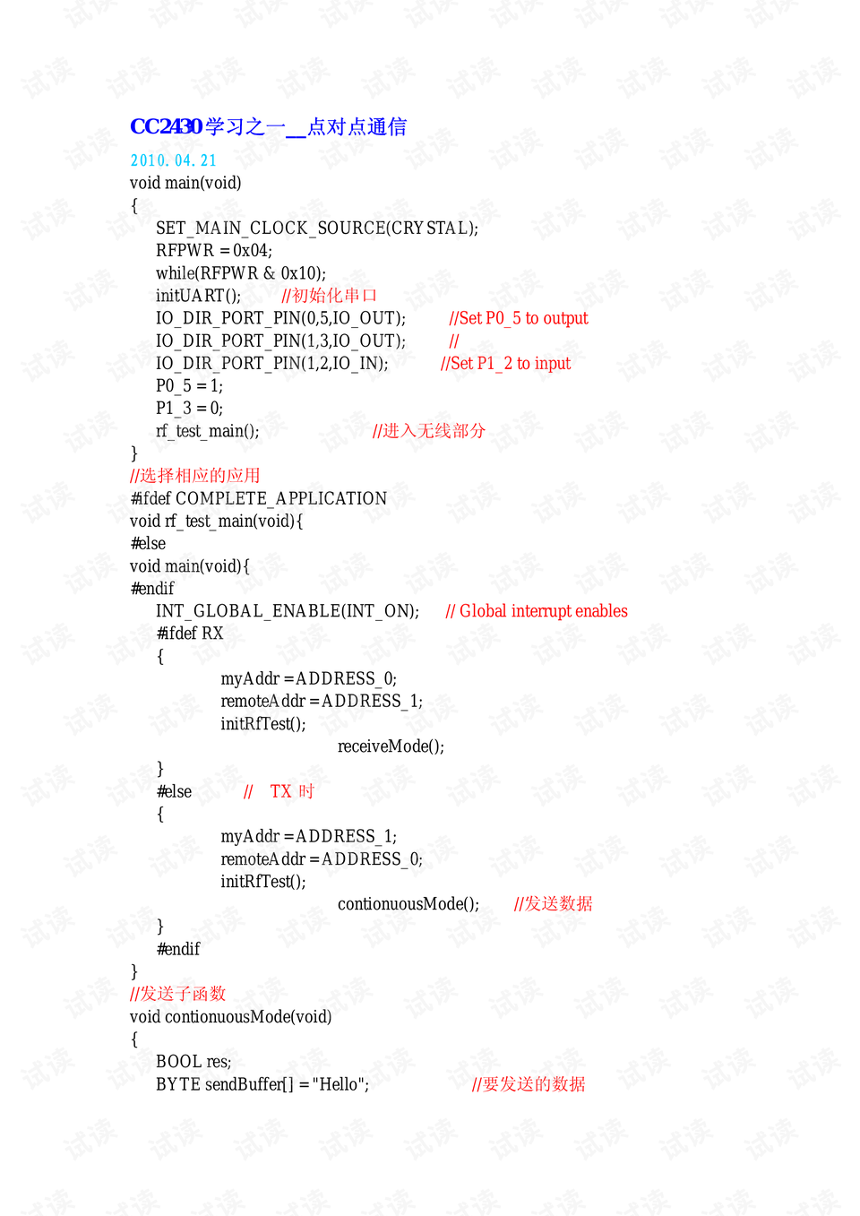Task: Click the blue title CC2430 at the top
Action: [x=167, y=126]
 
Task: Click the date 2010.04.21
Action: [x=173, y=160]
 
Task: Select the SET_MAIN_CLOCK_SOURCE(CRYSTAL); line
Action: [x=316, y=229]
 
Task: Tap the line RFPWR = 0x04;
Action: [x=213, y=251]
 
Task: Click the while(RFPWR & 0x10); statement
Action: [x=240, y=273]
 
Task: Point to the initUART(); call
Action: [x=198, y=296]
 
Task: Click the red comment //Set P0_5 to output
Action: [x=518, y=318]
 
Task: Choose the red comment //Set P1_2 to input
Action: [x=505, y=363]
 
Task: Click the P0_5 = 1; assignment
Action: [x=189, y=386]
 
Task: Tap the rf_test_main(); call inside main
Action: [x=207, y=431]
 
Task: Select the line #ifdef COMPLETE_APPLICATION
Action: [x=258, y=498]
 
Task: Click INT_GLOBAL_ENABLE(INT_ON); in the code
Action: [x=287, y=611]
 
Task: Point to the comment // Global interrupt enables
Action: [x=537, y=611]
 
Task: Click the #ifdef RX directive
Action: [x=189, y=634]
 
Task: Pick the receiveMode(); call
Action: [x=391, y=746]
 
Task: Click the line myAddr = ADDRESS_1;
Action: [x=308, y=837]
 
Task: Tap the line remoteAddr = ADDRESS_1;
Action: [x=322, y=702]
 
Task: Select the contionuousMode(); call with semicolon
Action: [x=408, y=904]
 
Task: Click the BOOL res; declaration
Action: [x=193, y=1062]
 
